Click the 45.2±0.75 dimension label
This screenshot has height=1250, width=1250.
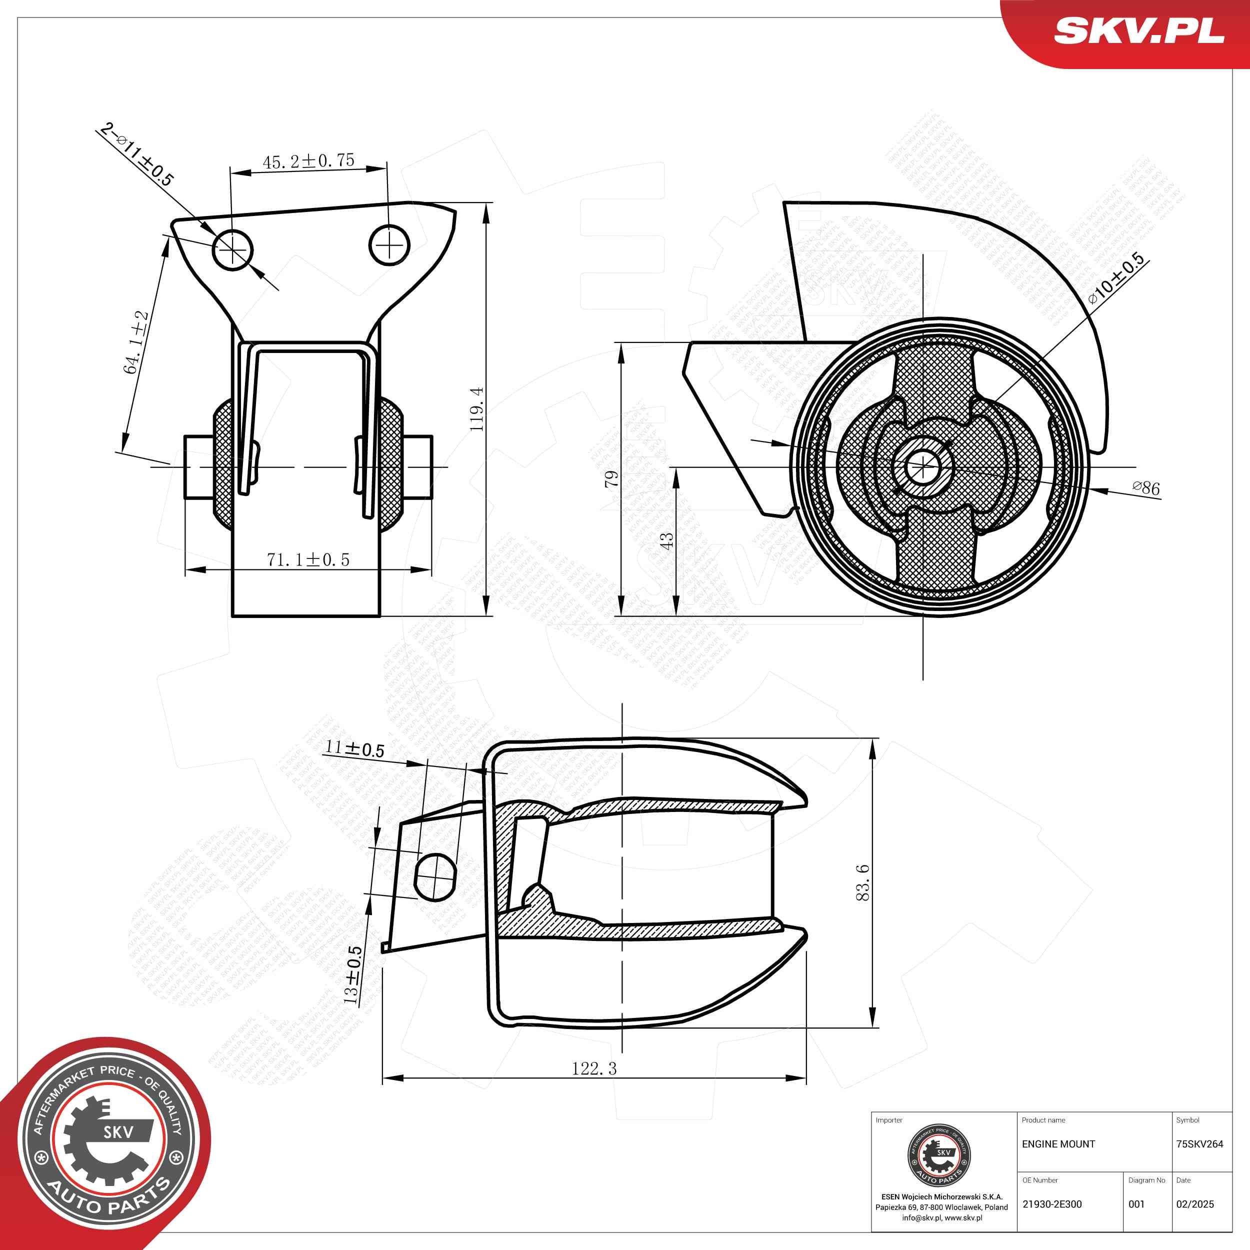[x=308, y=161]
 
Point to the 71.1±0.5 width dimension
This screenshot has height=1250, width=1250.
[x=308, y=559]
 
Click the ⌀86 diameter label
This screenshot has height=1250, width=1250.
[x=1146, y=488]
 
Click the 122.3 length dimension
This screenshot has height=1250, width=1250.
[x=594, y=1068]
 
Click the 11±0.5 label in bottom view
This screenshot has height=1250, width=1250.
[x=354, y=749]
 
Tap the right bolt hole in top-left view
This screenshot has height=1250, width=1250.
[x=389, y=245]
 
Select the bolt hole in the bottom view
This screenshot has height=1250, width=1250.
[x=434, y=875]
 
